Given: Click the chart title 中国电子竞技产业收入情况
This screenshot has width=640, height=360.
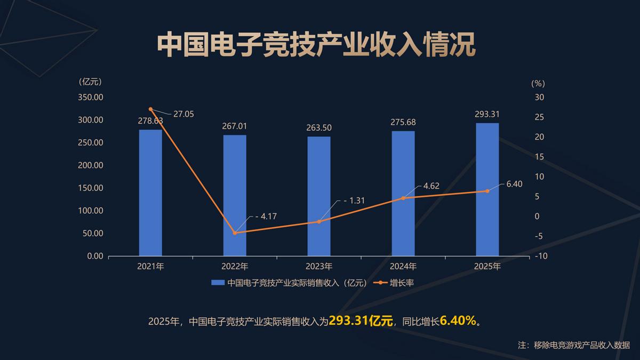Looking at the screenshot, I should click(x=316, y=45).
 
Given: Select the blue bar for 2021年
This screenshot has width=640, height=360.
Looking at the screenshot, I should click(x=150, y=193).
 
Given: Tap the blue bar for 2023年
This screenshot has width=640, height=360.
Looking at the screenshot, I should click(x=319, y=196).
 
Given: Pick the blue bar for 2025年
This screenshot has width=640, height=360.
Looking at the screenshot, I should click(x=487, y=189).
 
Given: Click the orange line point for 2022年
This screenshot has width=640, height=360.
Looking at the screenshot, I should click(x=235, y=233).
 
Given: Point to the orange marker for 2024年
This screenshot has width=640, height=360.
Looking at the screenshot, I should click(x=403, y=198).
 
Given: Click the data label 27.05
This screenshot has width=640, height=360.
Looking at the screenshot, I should click(x=183, y=114).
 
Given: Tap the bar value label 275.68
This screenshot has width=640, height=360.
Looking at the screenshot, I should click(x=403, y=122).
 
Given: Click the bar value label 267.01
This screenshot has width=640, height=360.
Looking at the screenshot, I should click(x=235, y=126).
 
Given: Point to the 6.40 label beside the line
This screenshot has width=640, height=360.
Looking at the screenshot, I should click(x=514, y=184).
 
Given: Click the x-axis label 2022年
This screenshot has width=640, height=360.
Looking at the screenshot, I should click(x=235, y=266).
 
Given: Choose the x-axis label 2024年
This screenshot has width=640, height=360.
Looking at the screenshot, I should click(x=403, y=266).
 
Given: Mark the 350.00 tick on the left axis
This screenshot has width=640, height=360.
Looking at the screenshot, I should click(x=91, y=97).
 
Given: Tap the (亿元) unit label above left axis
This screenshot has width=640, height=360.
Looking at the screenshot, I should click(x=90, y=82).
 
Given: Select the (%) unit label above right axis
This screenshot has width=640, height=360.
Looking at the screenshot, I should click(x=538, y=83).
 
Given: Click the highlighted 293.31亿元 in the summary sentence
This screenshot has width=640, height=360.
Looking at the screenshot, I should click(x=361, y=321).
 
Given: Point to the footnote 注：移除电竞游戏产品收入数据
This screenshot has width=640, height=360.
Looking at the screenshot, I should click(x=574, y=345).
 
